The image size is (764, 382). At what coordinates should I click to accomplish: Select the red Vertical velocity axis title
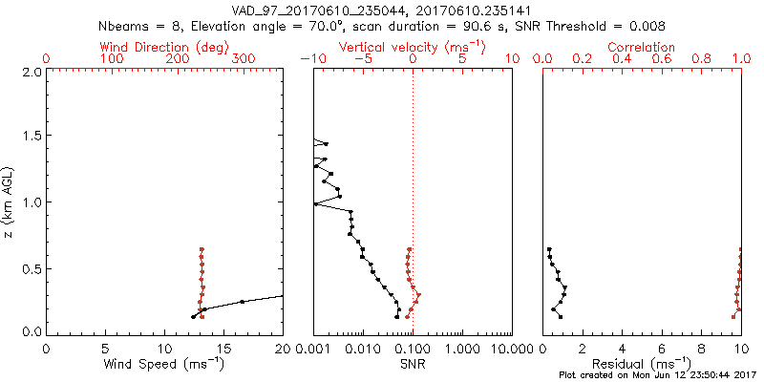tap(412, 47)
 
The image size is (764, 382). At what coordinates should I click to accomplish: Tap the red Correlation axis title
tap(642, 47)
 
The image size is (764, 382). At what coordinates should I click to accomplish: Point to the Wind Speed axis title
tap(164, 364)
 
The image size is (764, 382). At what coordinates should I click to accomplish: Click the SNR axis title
tap(412, 364)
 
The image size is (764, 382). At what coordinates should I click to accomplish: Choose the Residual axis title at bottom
tap(642, 364)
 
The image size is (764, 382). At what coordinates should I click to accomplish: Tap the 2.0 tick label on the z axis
tap(31, 72)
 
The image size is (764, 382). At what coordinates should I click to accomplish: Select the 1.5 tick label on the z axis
tap(31, 138)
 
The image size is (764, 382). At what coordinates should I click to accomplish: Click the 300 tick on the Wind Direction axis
tap(244, 59)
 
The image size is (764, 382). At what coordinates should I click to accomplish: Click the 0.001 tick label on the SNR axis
tap(313, 350)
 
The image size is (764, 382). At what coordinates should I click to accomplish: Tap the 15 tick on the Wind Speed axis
tap(223, 350)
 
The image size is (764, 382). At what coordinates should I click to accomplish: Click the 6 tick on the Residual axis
tap(662, 350)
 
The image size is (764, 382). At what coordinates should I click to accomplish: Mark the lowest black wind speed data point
tap(193, 317)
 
